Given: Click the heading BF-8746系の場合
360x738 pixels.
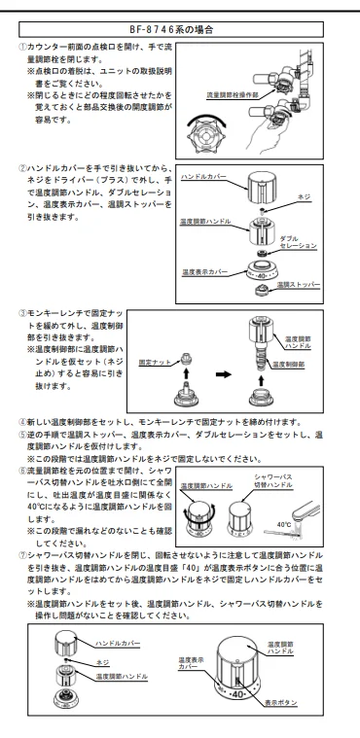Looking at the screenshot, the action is click(x=171, y=29).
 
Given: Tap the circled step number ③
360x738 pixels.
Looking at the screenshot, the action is click(x=22, y=313).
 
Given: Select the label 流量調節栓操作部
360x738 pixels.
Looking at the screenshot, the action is click(x=233, y=95).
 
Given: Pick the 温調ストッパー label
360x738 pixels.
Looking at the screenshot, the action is click(x=299, y=285).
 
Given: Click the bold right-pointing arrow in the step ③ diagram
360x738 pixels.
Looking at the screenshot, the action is click(x=224, y=374).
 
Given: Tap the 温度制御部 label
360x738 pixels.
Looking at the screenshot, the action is click(x=288, y=364).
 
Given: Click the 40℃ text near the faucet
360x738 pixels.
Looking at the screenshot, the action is click(x=284, y=524).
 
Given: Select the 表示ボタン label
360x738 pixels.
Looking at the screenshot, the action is click(x=281, y=703).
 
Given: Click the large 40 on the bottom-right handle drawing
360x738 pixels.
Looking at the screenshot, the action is click(x=237, y=694).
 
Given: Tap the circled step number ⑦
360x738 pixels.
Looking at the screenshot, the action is click(x=22, y=555).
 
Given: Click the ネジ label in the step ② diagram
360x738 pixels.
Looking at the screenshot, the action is click(x=305, y=196).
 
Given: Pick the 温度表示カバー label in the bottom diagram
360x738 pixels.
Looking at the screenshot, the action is click(x=191, y=663).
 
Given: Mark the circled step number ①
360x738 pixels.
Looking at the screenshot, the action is click(x=22, y=47).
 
